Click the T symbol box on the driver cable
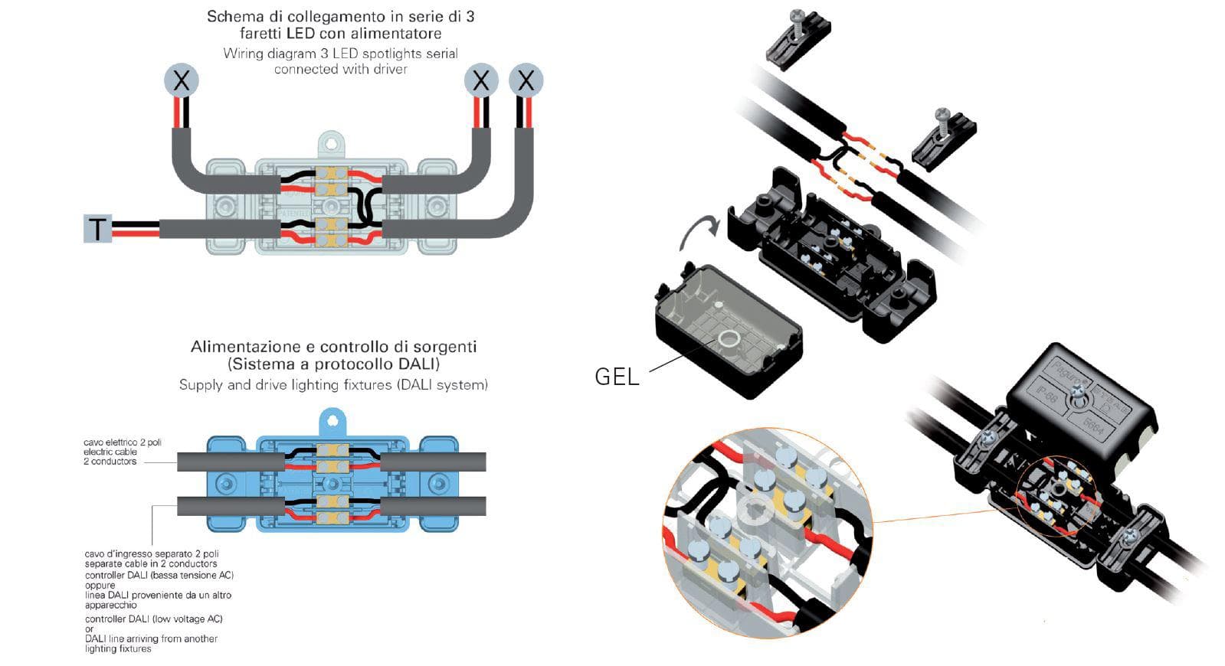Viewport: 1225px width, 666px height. (97, 229)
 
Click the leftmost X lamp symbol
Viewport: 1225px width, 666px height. (182, 80)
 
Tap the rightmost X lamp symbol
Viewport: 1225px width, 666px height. (526, 80)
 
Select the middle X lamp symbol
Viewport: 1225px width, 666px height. (481, 80)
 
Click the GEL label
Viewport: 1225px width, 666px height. (617, 377)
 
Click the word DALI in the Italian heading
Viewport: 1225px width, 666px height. (418, 364)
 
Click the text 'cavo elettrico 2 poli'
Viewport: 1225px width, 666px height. (123, 442)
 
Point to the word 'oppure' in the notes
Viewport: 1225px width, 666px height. (100, 585)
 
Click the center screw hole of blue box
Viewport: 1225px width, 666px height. (332, 484)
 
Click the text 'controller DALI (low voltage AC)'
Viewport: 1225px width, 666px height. (154, 619)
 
